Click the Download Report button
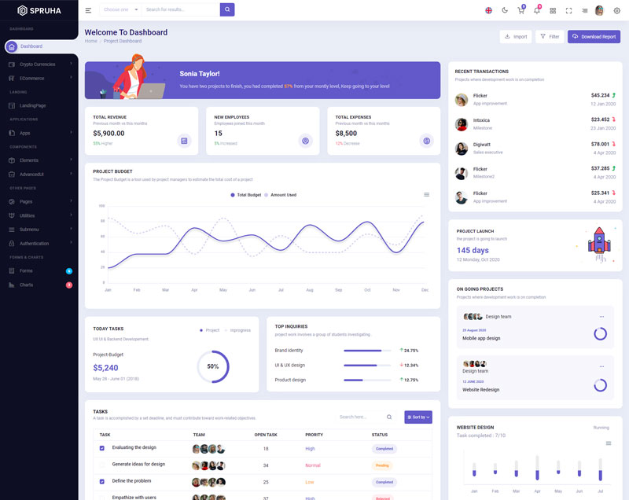pyautogui.click(x=594, y=37)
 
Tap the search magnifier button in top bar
pyautogui.click(x=227, y=9)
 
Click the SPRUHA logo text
pyautogui.click(x=45, y=10)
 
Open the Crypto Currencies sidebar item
pyautogui.click(x=38, y=64)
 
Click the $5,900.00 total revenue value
pyautogui.click(x=109, y=134)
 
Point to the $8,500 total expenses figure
pyautogui.click(x=347, y=134)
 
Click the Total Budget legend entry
pyautogui.click(x=246, y=195)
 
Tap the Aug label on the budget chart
pyautogui.click(x=310, y=290)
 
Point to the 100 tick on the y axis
pyautogui.click(x=101, y=206)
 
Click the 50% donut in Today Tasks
pyautogui.click(x=213, y=366)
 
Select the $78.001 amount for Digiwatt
pyautogui.click(x=600, y=144)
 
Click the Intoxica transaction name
pyautogui.click(x=481, y=120)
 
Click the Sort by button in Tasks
pyautogui.click(x=418, y=417)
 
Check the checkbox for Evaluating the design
pyautogui.click(x=101, y=448)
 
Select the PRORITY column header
pyautogui.click(x=314, y=434)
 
